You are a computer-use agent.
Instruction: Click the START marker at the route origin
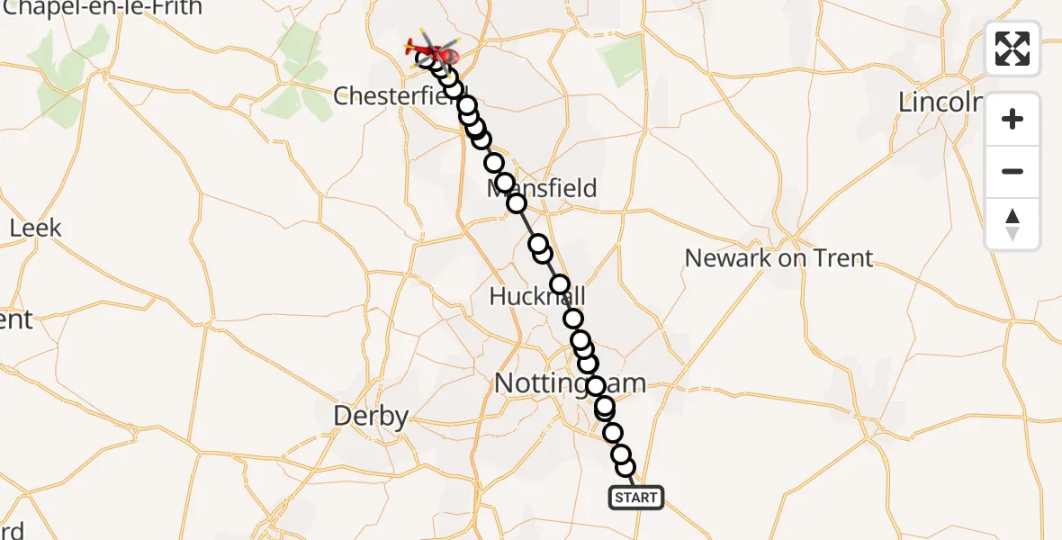636,497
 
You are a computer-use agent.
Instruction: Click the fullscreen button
1012,49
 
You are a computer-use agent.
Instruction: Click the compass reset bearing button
1012,224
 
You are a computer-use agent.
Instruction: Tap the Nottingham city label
570,384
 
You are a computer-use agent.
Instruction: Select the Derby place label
371,416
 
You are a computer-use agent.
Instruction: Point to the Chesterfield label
396,95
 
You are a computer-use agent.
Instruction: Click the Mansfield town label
542,188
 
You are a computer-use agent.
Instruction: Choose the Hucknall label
537,296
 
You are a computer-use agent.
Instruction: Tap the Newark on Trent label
778,258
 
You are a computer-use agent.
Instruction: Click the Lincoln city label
940,103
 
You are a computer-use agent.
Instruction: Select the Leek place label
36,228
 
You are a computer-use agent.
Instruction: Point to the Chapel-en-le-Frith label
102,8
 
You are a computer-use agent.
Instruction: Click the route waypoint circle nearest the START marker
625,467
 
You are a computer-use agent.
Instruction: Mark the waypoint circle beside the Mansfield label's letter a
504,183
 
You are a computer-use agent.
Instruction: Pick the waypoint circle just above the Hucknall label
560,284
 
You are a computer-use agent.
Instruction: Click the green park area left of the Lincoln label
622,60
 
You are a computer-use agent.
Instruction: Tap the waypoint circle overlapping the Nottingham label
596,386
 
